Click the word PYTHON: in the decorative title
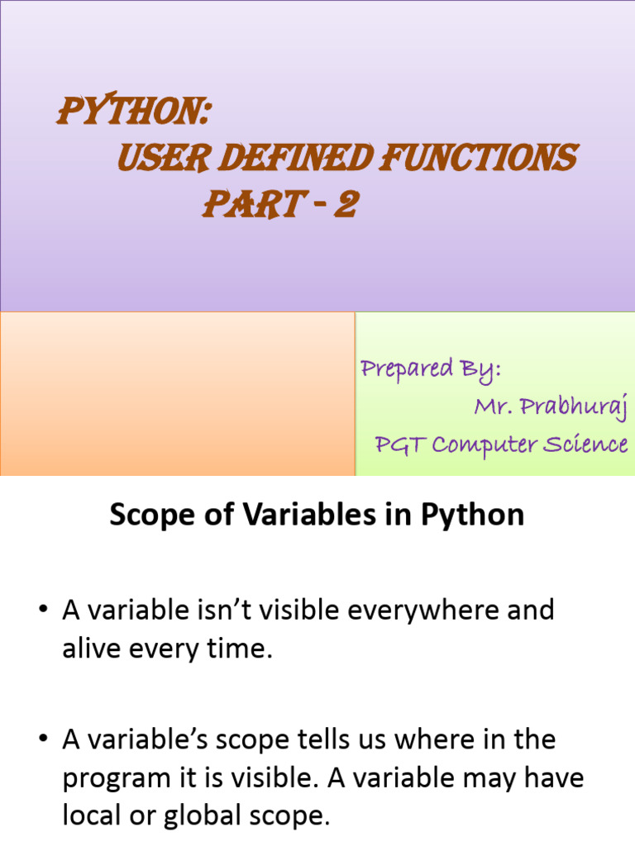[131, 112]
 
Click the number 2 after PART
[345, 205]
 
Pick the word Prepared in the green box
[406, 368]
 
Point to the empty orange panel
[177, 393]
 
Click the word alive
[92, 649]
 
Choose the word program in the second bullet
[117, 779]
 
